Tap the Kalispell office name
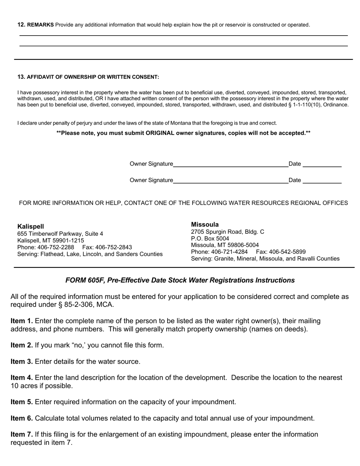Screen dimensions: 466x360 coord(31,227)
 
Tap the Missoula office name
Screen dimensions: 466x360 coord(205,225)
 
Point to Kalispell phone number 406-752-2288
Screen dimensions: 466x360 coord(56,247)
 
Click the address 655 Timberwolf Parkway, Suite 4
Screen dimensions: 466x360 coord(60,234)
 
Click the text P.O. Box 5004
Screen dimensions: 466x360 coord(210,239)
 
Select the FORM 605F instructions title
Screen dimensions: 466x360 coord(180,280)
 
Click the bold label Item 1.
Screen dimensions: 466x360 coord(22,321)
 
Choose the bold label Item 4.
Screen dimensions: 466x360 coord(22,378)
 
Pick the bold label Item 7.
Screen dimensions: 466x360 coord(22,434)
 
